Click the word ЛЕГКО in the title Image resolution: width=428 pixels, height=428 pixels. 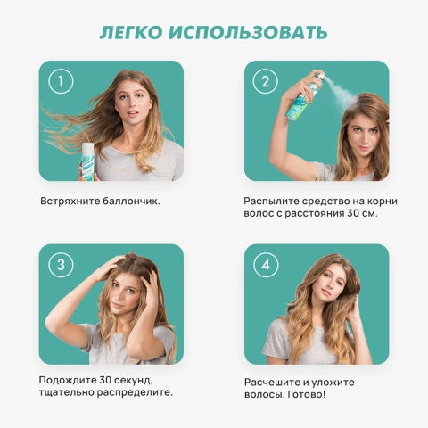click(134, 33)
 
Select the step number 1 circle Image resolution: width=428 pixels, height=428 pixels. click(59, 82)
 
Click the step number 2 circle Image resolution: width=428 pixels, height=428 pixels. click(264, 82)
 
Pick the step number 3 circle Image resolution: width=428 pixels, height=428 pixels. click(60, 265)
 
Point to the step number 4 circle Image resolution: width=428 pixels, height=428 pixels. click(265, 265)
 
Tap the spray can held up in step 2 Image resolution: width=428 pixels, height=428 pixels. click(313, 97)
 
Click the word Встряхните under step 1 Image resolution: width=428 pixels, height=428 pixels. click(70, 201)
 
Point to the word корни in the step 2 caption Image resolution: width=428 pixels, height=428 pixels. click(379, 201)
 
